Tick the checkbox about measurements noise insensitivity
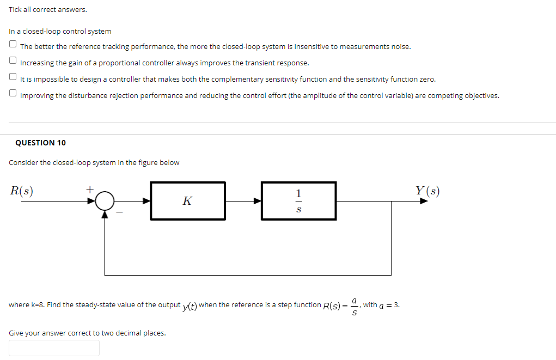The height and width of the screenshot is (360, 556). [x=13, y=45]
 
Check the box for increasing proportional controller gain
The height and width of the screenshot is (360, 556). [x=13, y=62]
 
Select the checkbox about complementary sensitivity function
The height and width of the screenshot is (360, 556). [x=13, y=78]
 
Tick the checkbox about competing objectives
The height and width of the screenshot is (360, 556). [x=13, y=94]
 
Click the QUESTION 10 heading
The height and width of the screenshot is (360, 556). [x=40, y=143]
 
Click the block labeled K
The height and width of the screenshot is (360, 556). [x=188, y=201]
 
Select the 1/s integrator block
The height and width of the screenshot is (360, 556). [x=298, y=201]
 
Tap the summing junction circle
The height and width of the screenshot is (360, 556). [x=105, y=201]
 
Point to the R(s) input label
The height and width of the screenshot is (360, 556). [x=22, y=191]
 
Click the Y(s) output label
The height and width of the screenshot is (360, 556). [x=427, y=191]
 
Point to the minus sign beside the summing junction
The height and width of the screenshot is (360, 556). [x=123, y=213]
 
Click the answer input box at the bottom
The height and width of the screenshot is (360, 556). [x=54, y=348]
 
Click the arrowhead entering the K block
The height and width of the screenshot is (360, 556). [x=146, y=201]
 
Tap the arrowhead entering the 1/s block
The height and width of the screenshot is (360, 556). [x=258, y=201]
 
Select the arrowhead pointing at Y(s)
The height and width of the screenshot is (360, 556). [x=424, y=201]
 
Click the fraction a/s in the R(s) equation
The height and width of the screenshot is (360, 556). [x=355, y=305]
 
